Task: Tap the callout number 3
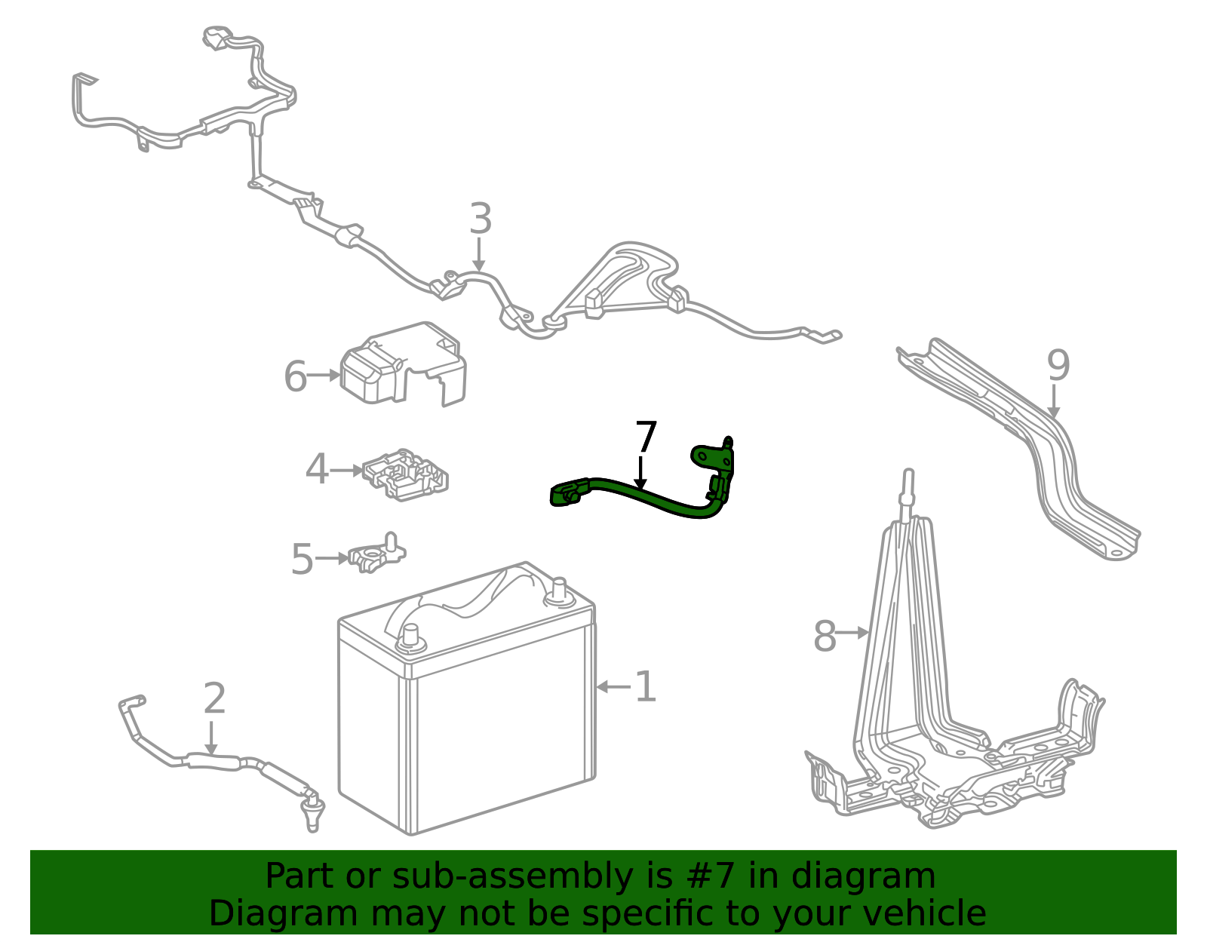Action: [x=481, y=218]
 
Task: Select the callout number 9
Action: [x=1058, y=365]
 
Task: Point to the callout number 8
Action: [x=825, y=636]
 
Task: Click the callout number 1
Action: [x=646, y=686]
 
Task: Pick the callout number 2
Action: [x=214, y=698]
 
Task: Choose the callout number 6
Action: [x=295, y=376]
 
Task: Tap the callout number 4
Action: [x=317, y=469]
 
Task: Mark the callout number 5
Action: [x=303, y=559]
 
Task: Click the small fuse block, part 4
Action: [x=405, y=474]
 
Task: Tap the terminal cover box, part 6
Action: [x=404, y=364]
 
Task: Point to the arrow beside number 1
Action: [x=614, y=687]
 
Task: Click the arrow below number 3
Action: [x=479, y=254]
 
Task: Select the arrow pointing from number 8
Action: [x=852, y=632]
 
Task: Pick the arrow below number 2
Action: [x=211, y=738]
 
